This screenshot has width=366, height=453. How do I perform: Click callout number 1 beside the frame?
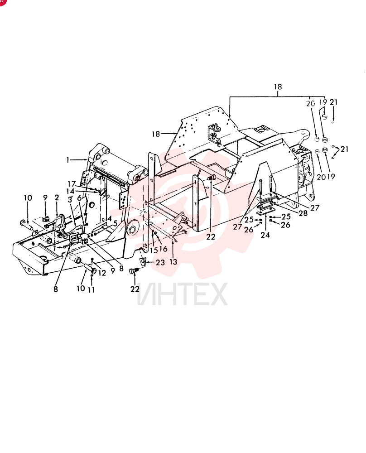pyautogui.click(x=68, y=160)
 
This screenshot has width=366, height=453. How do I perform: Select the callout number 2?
pyautogui.click(x=57, y=198)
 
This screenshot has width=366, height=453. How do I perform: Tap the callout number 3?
pyautogui.click(x=70, y=200)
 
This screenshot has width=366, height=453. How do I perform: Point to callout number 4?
pyautogui.click(x=110, y=219)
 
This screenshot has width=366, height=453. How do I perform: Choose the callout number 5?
pyautogui.click(x=115, y=223)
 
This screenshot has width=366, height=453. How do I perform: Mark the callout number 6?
pyautogui.click(x=79, y=198)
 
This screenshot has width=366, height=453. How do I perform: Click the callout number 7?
pyautogui.click(x=54, y=248)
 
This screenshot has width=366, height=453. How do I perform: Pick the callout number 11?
pyautogui.click(x=91, y=289)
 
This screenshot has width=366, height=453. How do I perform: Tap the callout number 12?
pyautogui.click(x=102, y=273)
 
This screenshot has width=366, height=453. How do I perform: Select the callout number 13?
pyautogui.click(x=173, y=262)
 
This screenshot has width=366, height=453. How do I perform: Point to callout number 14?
pyautogui.click(x=70, y=191)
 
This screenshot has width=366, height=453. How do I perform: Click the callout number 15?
pyautogui.click(x=154, y=250)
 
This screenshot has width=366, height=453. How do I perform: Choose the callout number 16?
pyautogui.click(x=163, y=248)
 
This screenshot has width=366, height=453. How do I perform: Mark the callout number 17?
pyautogui.click(x=72, y=184)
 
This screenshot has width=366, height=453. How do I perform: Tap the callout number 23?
pyautogui.click(x=160, y=262)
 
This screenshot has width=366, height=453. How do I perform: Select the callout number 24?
pyautogui.click(x=265, y=235)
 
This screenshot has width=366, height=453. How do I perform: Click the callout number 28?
pyautogui.click(x=303, y=213)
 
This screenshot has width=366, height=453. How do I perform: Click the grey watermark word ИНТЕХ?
pyautogui.click(x=182, y=294)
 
